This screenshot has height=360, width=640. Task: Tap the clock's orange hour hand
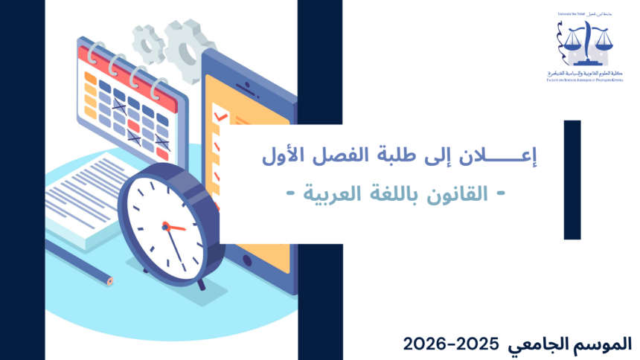pyautogui.click(x=176, y=228)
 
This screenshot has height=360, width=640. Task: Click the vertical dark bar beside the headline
pyautogui.click(x=572, y=179)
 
